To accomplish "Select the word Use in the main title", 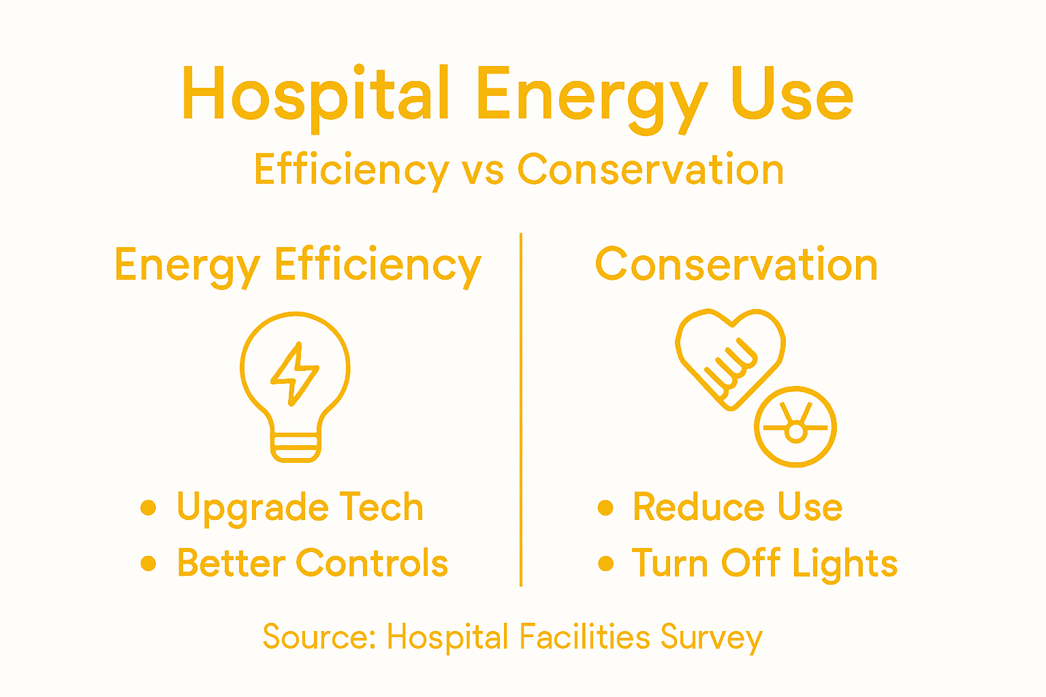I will [792, 95].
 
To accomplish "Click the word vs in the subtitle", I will [483, 169].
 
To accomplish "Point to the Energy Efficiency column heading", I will [298, 265].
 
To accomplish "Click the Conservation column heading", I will [736, 265].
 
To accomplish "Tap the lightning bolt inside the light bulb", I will [295, 373].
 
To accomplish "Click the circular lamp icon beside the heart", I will [795, 427].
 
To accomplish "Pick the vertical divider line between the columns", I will [521, 408].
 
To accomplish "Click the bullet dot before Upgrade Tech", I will [148, 508].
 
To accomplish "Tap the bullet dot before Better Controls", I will [148, 564].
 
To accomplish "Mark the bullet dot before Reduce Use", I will [605, 508].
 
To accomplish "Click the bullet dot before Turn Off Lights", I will [605, 564].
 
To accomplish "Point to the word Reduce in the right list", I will [695, 507].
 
